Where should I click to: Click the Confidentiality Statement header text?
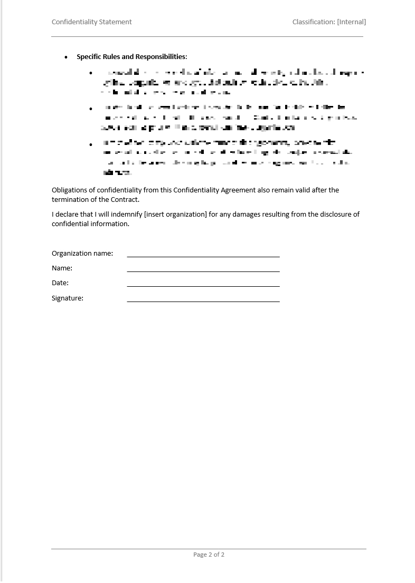point(91,22)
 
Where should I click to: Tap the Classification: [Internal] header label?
point(329,22)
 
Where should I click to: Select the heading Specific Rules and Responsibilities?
point(131,57)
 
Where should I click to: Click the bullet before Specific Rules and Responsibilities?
point(66,57)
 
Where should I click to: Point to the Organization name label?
point(82,254)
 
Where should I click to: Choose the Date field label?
point(60,283)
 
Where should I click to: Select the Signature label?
point(68,298)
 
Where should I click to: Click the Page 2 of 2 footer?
point(209,555)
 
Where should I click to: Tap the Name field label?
point(62,268)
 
